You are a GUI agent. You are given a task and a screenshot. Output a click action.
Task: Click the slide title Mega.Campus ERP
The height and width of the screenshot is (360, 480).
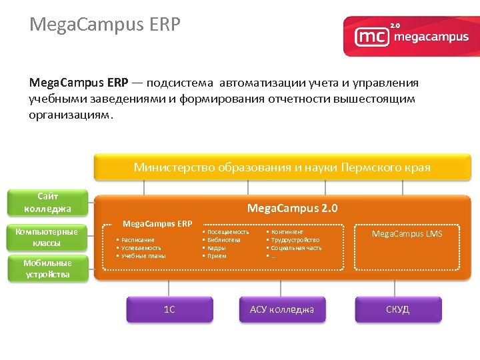(x=105, y=25)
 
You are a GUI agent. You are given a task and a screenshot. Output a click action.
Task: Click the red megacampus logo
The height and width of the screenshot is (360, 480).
(x=411, y=36)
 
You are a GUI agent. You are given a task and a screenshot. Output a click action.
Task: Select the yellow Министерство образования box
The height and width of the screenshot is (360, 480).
(x=282, y=167)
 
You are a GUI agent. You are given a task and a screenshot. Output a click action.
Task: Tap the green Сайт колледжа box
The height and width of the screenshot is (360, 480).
(x=47, y=203)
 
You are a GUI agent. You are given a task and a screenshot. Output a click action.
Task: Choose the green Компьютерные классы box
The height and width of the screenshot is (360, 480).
(x=47, y=237)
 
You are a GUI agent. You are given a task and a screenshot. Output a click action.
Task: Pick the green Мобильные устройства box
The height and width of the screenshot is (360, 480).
(x=47, y=268)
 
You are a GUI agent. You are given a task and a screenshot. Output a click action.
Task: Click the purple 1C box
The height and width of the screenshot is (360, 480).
(x=169, y=309)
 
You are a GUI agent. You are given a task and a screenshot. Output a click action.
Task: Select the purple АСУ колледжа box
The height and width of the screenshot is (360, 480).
(x=282, y=309)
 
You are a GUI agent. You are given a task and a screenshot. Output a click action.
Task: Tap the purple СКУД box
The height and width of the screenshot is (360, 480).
(x=398, y=309)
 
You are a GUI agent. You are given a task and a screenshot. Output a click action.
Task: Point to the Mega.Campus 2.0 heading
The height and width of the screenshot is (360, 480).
(x=292, y=209)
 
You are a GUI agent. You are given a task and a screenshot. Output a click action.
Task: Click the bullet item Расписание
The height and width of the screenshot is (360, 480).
(x=138, y=240)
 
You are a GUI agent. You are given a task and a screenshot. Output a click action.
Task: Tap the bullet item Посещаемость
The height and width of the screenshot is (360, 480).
(x=228, y=232)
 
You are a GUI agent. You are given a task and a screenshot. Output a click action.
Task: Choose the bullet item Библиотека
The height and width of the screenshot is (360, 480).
(x=224, y=240)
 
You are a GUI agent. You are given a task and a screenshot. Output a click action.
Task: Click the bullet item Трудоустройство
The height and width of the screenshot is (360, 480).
(x=295, y=240)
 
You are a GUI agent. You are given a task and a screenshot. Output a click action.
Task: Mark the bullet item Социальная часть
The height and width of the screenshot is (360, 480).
(x=296, y=248)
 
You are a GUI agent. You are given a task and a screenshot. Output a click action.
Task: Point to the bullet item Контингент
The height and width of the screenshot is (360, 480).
(x=287, y=232)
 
